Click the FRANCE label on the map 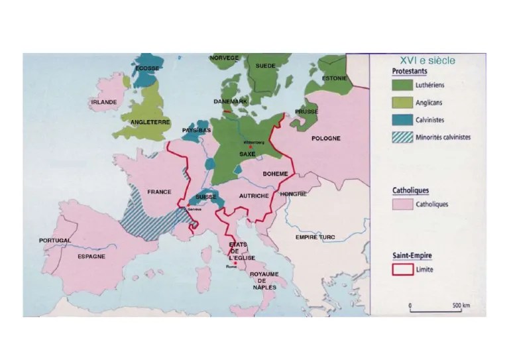[x=159, y=192]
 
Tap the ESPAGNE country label [x=91, y=256]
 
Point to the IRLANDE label [x=104, y=102]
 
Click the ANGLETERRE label [x=150, y=122]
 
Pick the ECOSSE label [x=146, y=68]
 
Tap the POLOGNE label [x=325, y=139]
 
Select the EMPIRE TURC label [x=315, y=237]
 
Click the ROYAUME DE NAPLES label [x=264, y=280]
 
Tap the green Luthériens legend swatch [x=402, y=86]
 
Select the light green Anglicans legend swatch [x=402, y=103]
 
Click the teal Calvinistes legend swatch [x=402, y=120]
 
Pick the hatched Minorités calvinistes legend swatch [x=402, y=137]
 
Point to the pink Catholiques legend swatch [x=402, y=204]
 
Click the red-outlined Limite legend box [x=402, y=270]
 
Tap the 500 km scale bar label [x=461, y=306]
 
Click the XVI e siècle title [x=432, y=60]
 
